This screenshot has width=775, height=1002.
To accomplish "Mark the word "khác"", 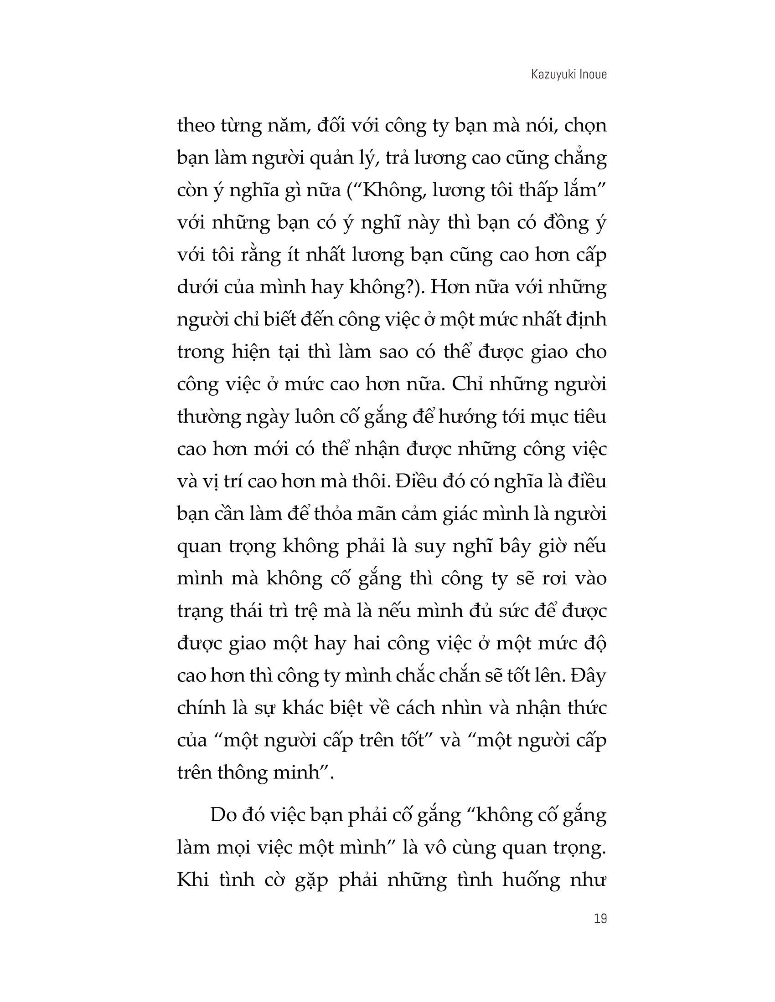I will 297,708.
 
